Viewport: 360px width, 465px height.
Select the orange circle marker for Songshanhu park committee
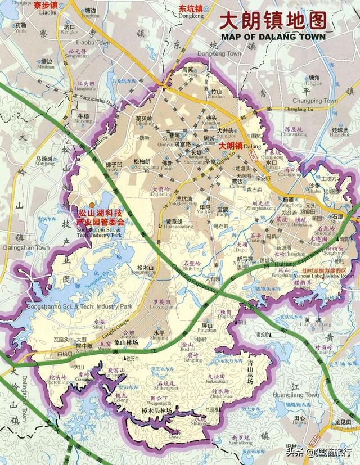point(92,206)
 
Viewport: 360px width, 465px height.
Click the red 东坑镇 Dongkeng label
point(191,10)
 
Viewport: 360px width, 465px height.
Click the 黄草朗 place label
point(174,222)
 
